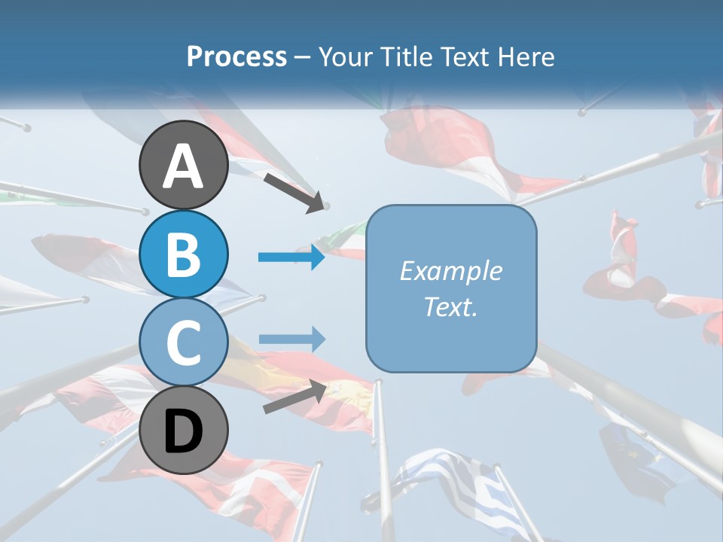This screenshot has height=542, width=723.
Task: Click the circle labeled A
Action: point(184,166)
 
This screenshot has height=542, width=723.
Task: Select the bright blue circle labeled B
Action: point(184,254)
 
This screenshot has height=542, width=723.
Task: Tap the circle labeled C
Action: point(184,343)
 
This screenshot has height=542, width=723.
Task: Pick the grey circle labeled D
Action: point(184,431)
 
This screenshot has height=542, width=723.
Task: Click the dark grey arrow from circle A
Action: point(294,192)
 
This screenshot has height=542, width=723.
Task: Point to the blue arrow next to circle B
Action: point(291,257)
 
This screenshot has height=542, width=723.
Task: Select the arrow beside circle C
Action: point(291,339)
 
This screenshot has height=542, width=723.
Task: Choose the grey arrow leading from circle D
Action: point(294,397)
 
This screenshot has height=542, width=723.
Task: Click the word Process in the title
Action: point(236,57)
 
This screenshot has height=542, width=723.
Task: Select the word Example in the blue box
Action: point(451,271)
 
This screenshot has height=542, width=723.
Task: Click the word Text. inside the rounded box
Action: point(451,307)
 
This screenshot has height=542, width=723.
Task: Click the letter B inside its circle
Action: point(184,254)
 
